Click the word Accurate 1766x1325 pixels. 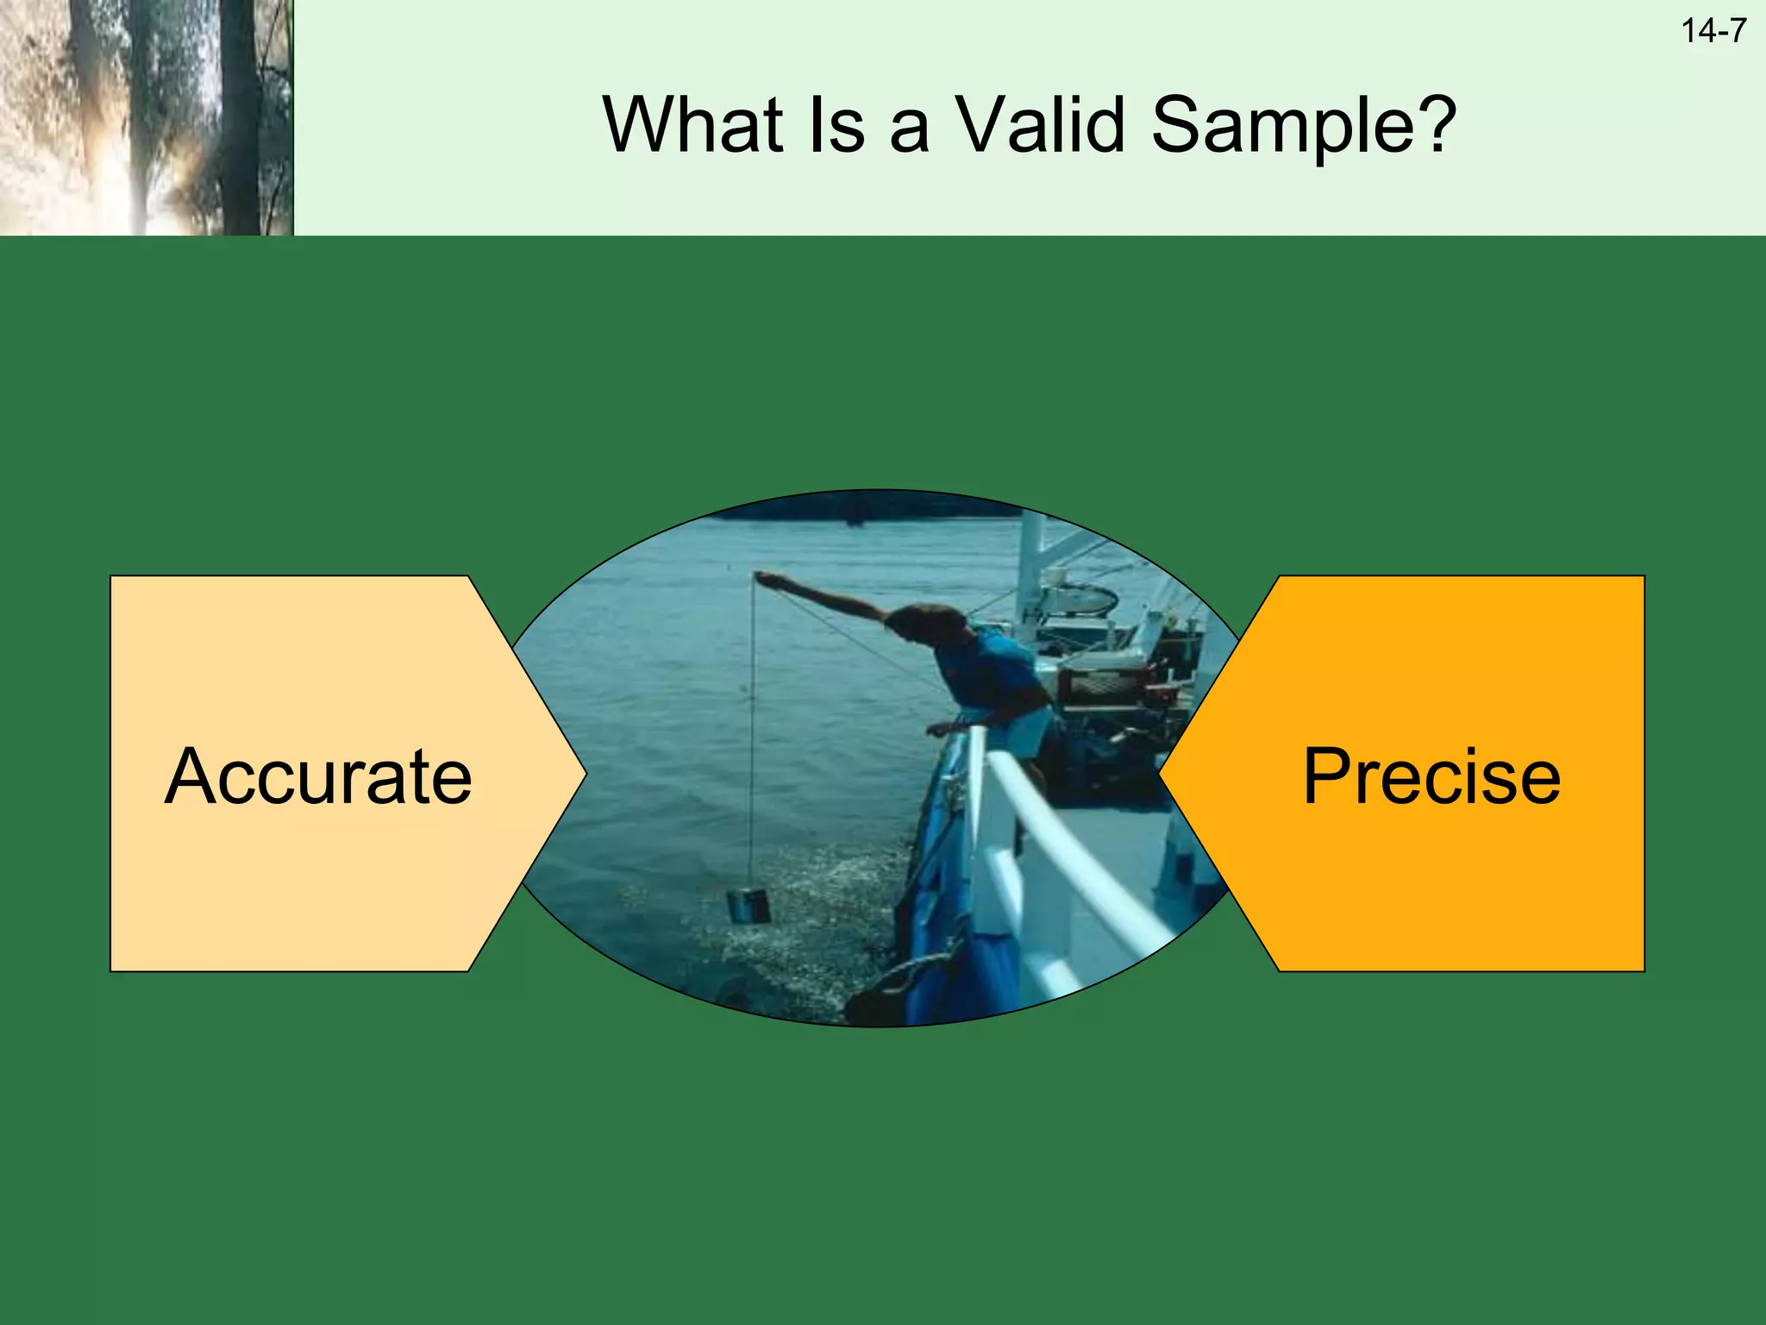(x=318, y=777)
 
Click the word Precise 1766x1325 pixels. (x=1431, y=777)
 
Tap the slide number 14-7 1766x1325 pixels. (x=1713, y=32)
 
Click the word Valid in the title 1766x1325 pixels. (x=1040, y=125)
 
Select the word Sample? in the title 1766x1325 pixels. (x=1304, y=127)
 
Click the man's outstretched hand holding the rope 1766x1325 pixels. (x=765, y=579)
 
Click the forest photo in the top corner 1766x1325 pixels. (x=147, y=117)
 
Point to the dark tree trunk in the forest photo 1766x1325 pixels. (x=239, y=121)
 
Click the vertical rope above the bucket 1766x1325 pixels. (x=752, y=733)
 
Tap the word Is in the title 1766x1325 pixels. (x=834, y=125)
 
